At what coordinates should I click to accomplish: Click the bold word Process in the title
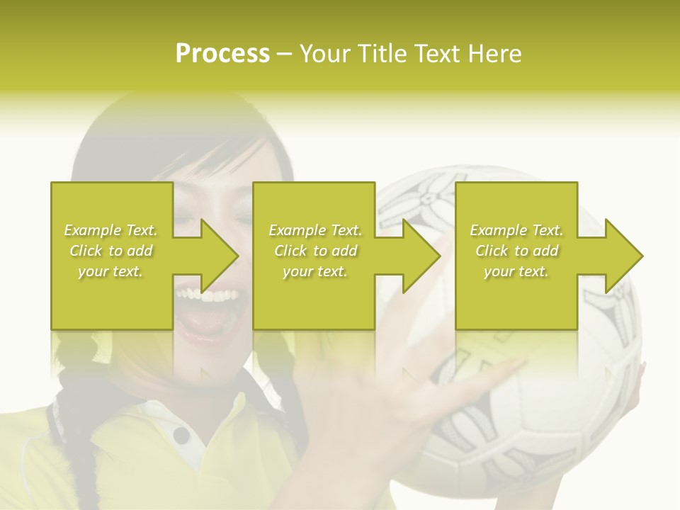point(222,53)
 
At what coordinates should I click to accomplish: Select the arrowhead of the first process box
point(220,256)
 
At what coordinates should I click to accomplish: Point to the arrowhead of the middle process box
point(421,256)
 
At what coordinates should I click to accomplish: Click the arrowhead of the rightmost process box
point(624,256)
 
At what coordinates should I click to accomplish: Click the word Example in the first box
point(92,230)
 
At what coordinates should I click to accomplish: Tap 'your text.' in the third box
point(516,271)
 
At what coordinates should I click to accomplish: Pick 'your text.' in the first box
point(110,271)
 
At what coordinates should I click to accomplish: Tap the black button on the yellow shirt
point(181,434)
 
